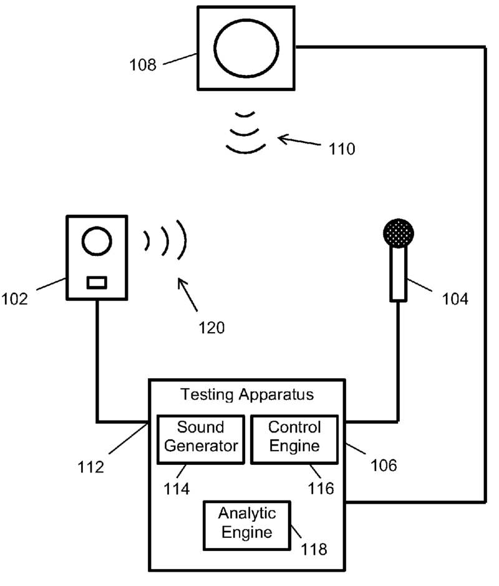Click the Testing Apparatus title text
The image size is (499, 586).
[247, 394]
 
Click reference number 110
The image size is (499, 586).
[339, 149]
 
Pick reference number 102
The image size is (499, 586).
[16, 298]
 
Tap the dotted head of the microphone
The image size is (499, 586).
[399, 235]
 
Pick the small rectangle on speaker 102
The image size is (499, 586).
[97, 283]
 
